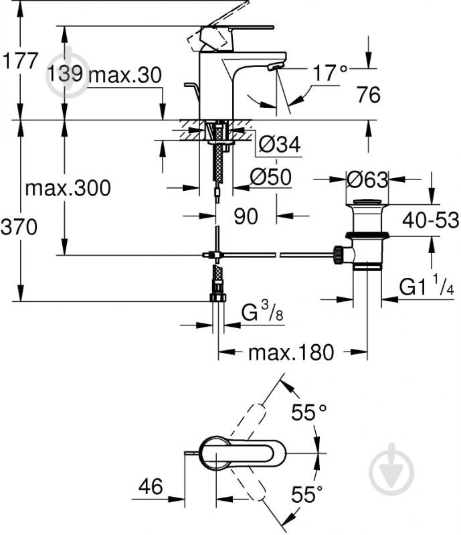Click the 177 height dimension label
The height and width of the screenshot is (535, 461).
point(19,61)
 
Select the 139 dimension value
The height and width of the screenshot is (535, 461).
point(65,73)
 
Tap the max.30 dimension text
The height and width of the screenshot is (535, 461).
point(125,75)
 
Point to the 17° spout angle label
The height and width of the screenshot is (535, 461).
point(329,72)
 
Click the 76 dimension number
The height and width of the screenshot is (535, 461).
point(369,95)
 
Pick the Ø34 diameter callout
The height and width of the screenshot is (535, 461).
point(280,144)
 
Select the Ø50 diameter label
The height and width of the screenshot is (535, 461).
point(271,177)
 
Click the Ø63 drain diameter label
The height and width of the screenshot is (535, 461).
point(367,179)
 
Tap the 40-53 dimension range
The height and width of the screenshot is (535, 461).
point(431,220)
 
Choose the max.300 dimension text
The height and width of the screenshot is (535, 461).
point(68,187)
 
